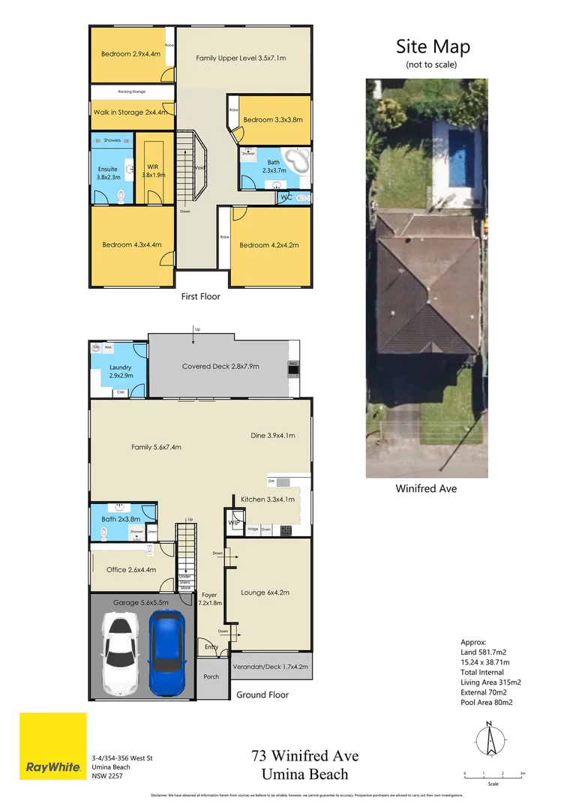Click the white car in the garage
119,652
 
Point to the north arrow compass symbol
489,739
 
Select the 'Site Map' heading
433,47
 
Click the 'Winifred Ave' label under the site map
426,488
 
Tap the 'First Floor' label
201,296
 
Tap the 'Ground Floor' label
262,694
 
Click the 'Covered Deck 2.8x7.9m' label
220,366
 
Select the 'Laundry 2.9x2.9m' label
121,371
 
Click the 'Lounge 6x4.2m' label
265,592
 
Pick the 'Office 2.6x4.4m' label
131,570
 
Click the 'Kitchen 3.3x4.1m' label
268,499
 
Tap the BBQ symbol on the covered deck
294,367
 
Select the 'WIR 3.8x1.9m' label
153,169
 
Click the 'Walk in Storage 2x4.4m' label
129,112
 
